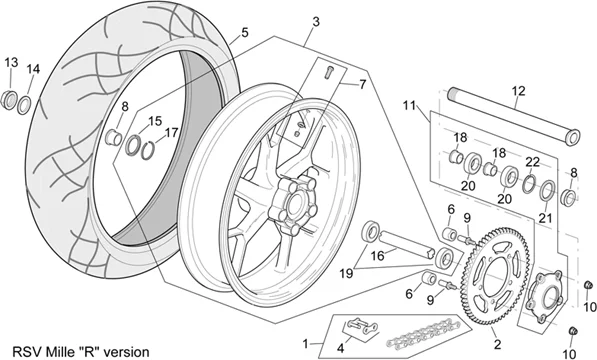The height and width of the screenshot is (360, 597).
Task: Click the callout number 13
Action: pyautogui.click(x=11, y=62)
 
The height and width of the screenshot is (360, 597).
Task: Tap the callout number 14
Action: pyautogui.click(x=34, y=69)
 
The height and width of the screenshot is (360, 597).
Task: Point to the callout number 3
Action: pyautogui.click(x=316, y=21)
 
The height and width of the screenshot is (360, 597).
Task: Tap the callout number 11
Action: pyautogui.click(x=410, y=105)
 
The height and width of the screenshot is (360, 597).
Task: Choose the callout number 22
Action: pyautogui.click(x=532, y=162)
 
